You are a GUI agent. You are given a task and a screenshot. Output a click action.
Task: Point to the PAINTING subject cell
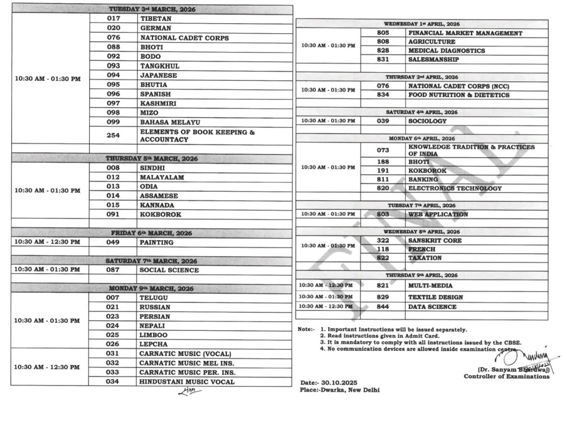click(x=156, y=242)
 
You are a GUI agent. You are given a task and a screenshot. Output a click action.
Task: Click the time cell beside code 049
click(x=50, y=242)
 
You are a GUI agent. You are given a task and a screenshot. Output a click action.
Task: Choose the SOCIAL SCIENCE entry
click(x=169, y=270)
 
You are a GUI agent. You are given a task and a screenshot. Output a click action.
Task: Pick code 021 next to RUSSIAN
click(x=113, y=308)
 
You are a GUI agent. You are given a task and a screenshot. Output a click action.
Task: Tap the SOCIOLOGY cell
click(x=428, y=121)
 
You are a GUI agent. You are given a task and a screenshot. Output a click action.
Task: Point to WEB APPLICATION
click(x=438, y=214)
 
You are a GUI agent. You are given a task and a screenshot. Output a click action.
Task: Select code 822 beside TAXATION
click(x=383, y=258)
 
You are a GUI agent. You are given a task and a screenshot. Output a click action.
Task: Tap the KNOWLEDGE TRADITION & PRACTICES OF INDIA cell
click(x=471, y=150)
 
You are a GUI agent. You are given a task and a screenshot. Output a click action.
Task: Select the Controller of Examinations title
click(x=506, y=377)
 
